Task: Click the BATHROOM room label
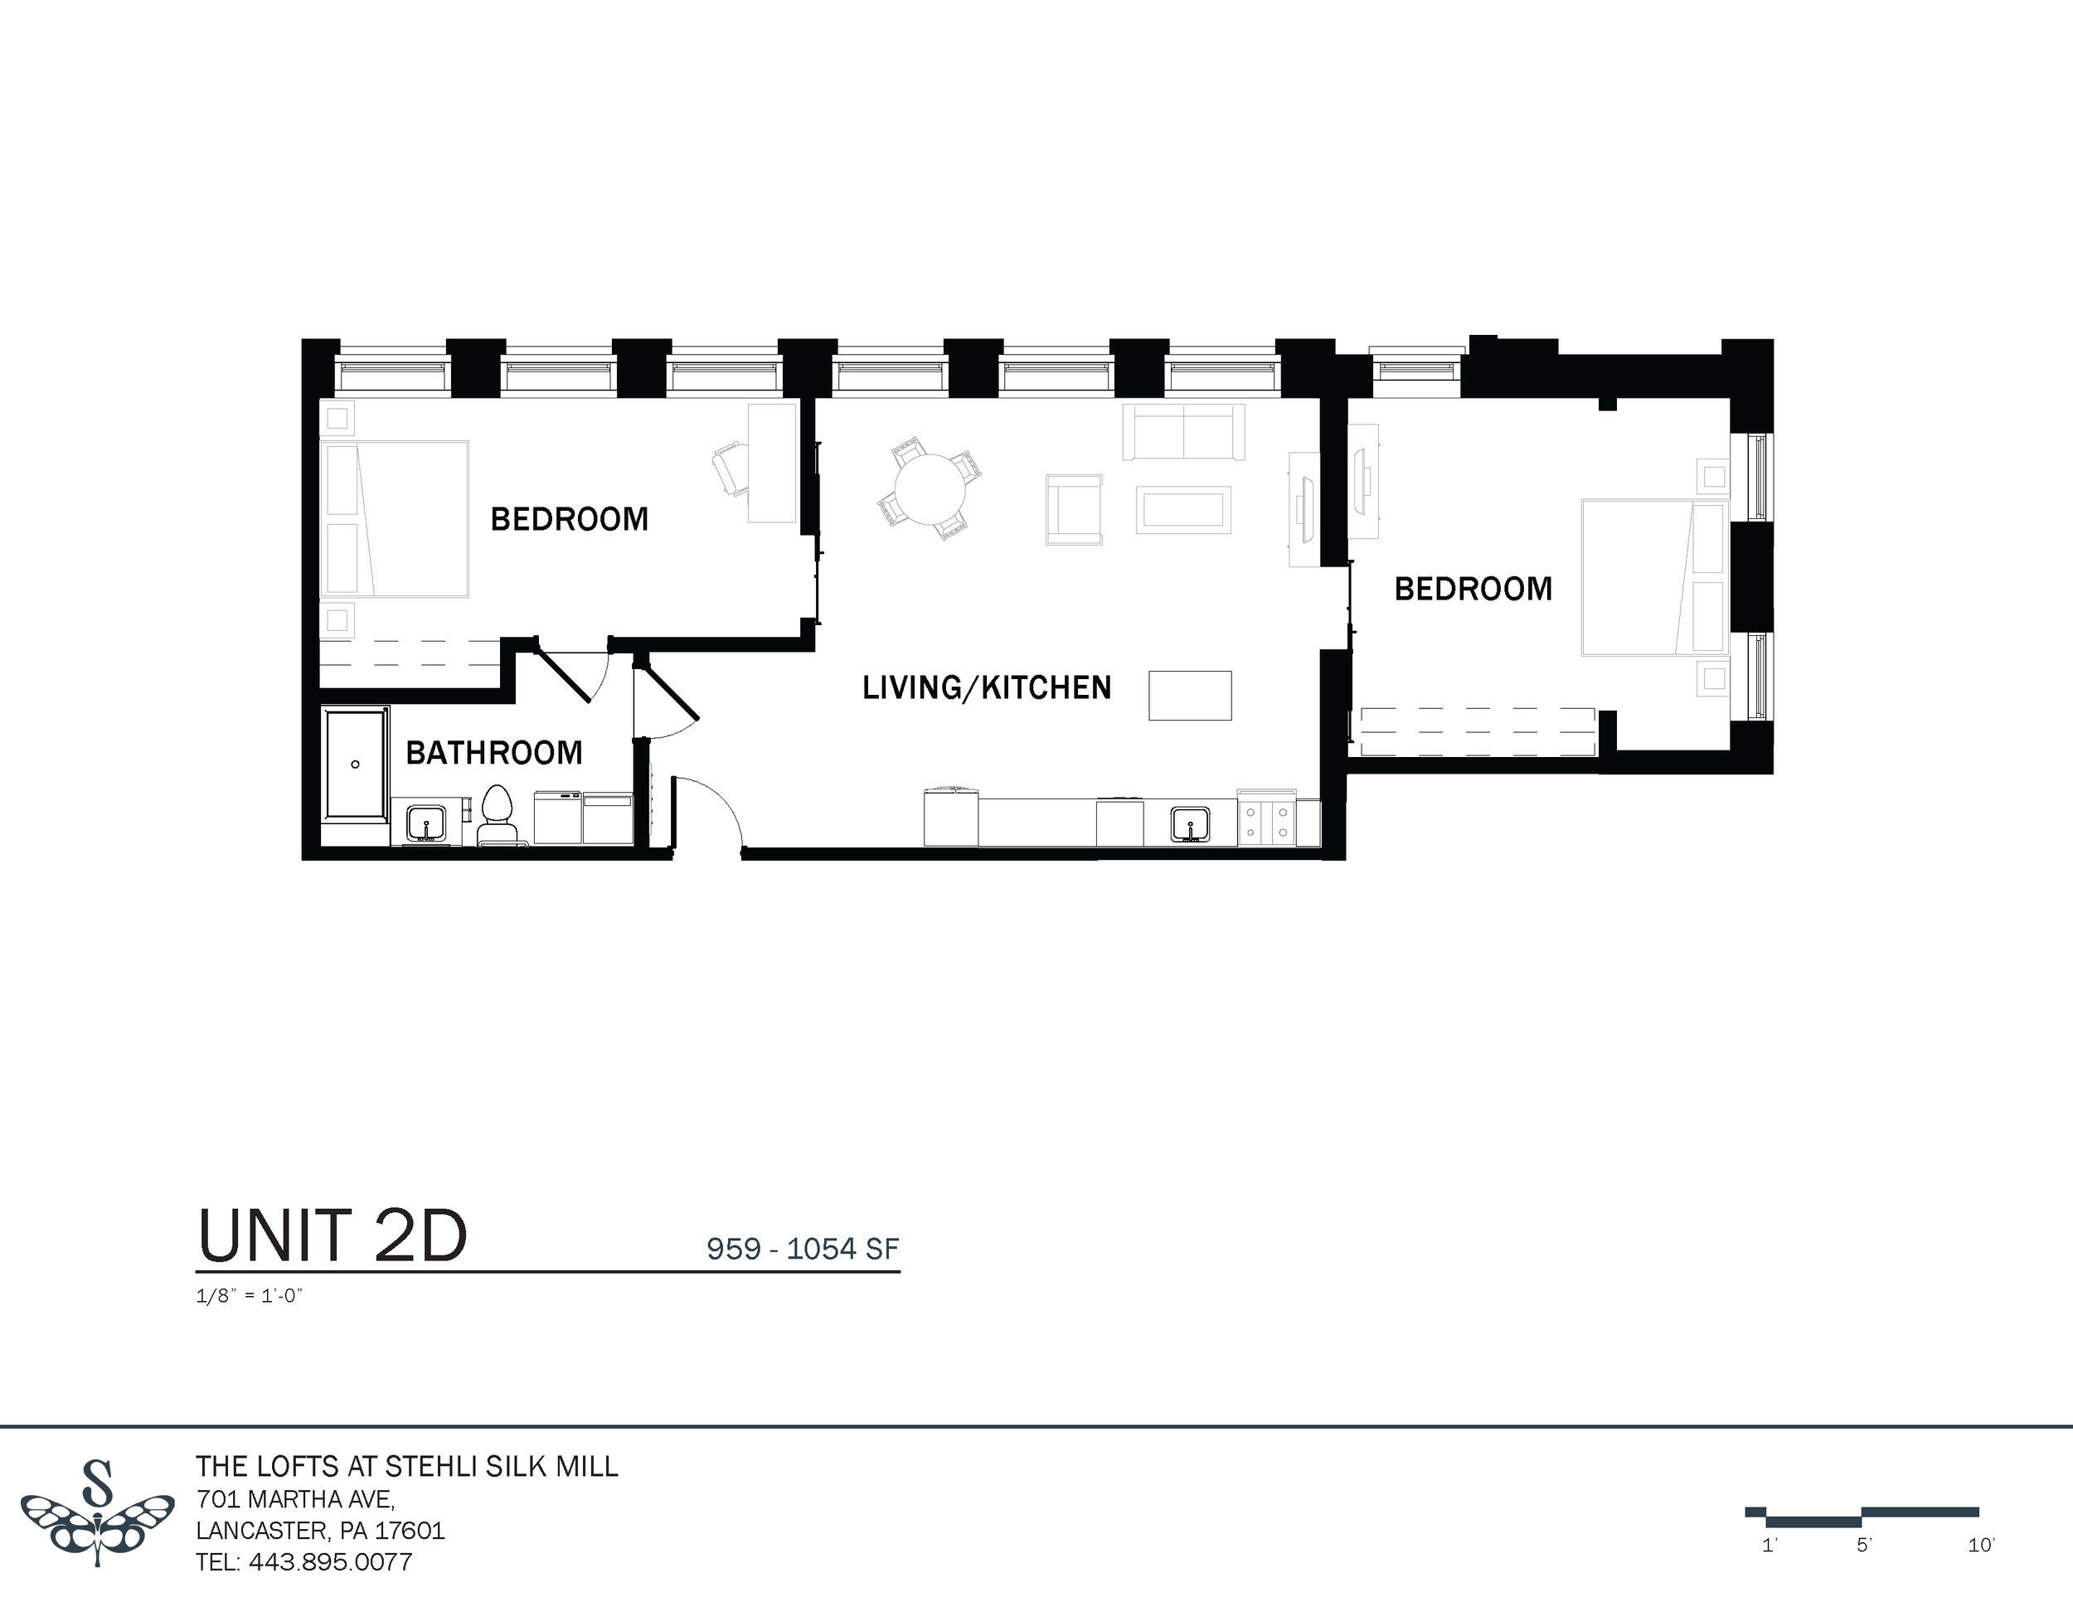tap(493, 753)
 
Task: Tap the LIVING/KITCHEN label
tap(986, 687)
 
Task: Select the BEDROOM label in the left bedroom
tap(569, 519)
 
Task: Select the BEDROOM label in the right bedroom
tap(1472, 589)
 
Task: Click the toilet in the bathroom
tap(498, 814)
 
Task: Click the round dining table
tap(930, 488)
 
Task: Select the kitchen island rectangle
tap(1189, 696)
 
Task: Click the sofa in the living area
tap(1182, 432)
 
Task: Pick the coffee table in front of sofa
tap(1182, 510)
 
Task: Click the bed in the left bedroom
tap(395, 519)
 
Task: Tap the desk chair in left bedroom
tap(729, 468)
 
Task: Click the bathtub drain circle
tap(356, 764)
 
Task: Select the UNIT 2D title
tap(333, 1236)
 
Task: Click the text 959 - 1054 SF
tap(802, 1249)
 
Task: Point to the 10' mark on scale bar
tap(1980, 1546)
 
